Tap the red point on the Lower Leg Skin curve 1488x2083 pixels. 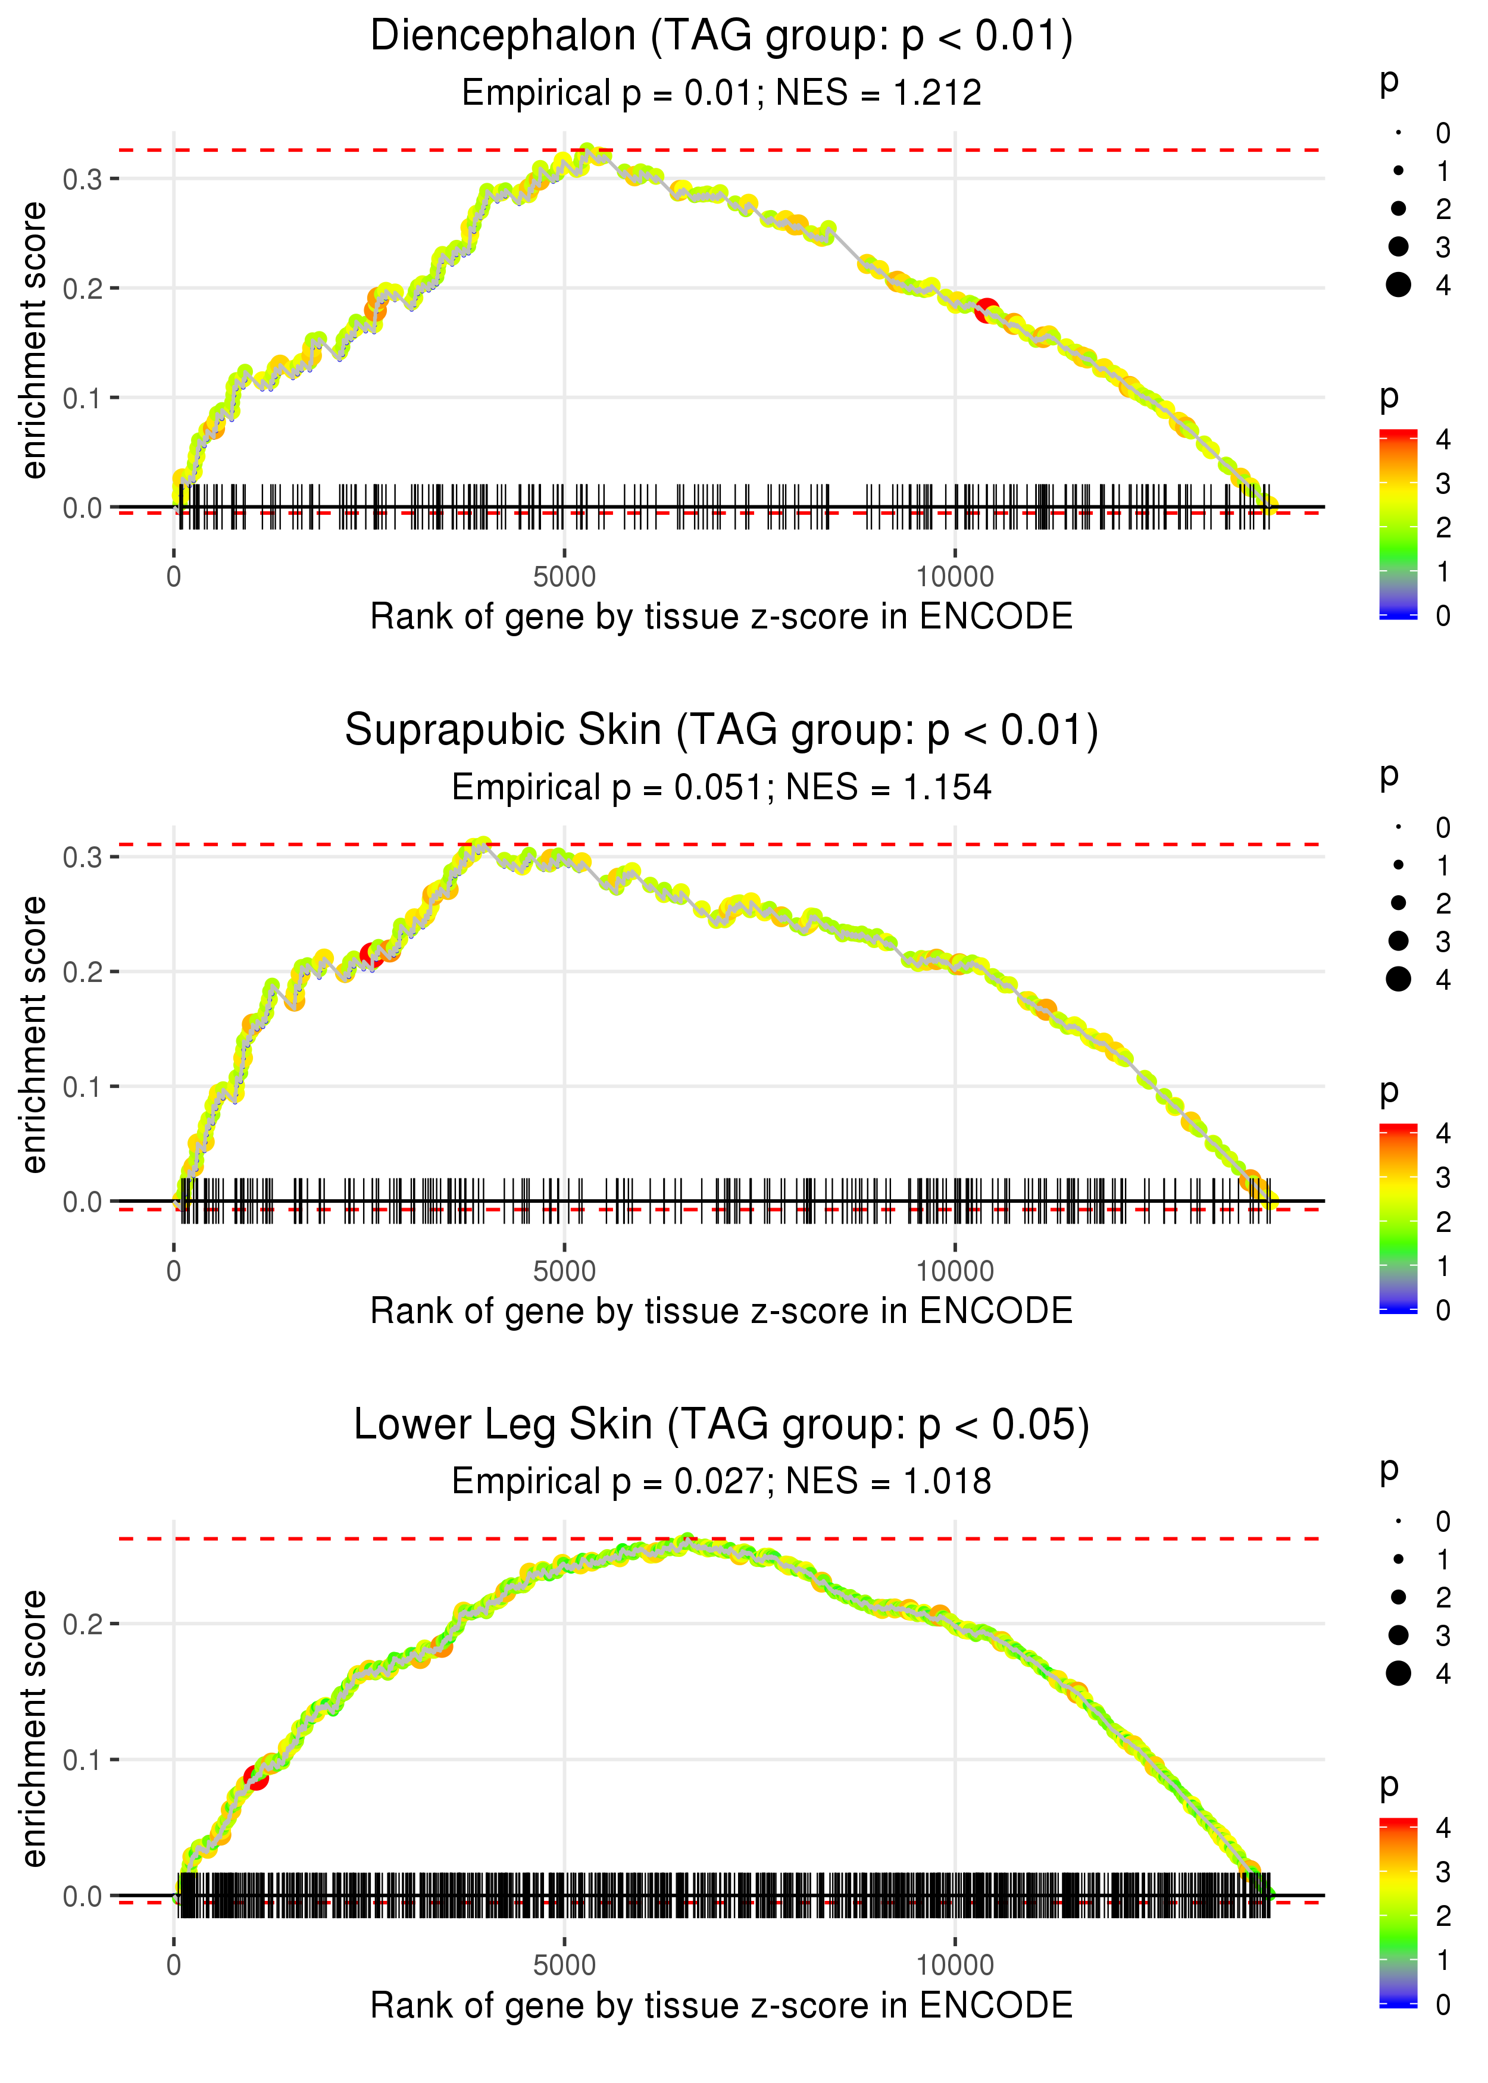[x=257, y=1777]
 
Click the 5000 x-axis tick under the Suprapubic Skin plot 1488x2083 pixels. [x=564, y=1271]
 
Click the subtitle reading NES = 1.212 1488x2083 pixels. [x=879, y=92]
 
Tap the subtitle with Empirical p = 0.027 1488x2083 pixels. [x=721, y=1482]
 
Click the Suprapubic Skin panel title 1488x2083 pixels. [x=721, y=731]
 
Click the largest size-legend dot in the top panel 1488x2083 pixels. [x=1398, y=285]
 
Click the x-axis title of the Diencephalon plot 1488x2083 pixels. [x=721, y=617]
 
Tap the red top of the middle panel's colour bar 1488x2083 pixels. [x=1398, y=1128]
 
